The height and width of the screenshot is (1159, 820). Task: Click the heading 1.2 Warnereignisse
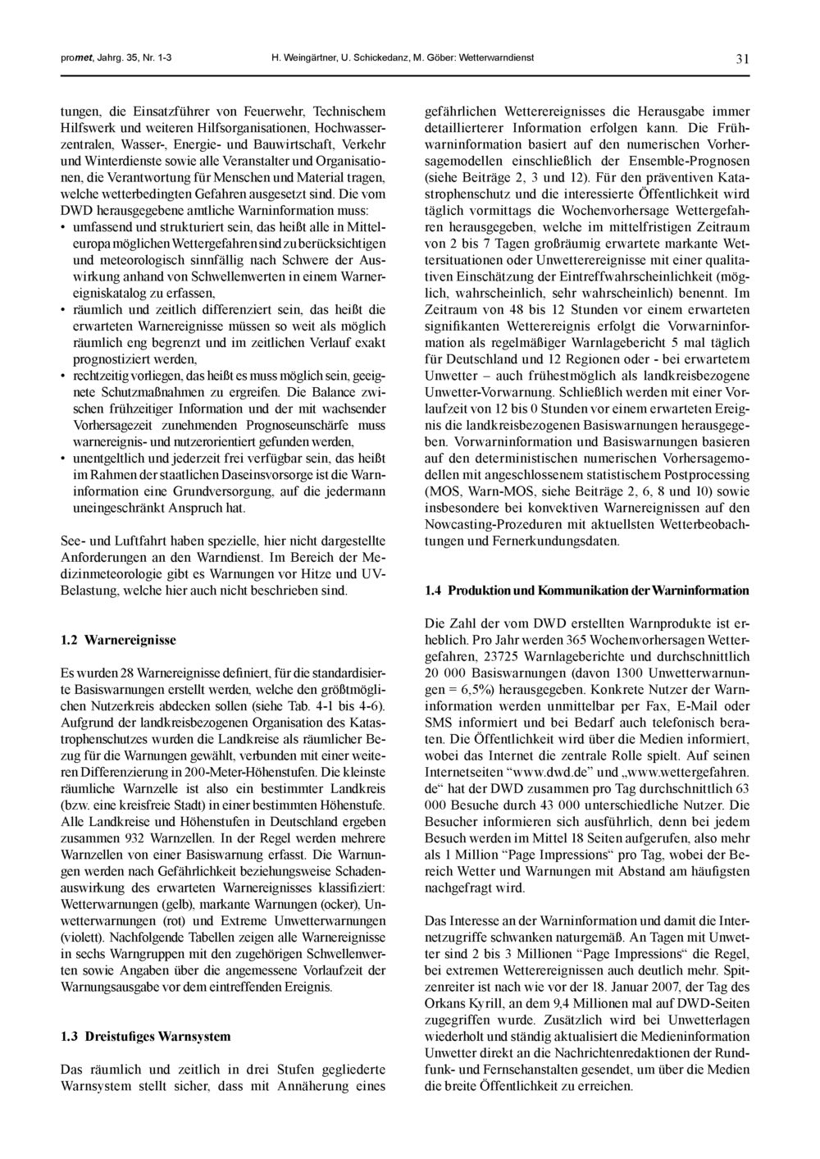[x=119, y=639]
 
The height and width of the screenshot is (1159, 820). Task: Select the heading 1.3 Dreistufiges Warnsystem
[x=146, y=1036]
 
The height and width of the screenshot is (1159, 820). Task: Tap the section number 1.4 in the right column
[x=434, y=591]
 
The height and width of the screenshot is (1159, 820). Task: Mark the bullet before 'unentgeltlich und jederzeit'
[x=64, y=459]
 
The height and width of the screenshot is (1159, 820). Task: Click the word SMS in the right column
[x=440, y=722]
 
